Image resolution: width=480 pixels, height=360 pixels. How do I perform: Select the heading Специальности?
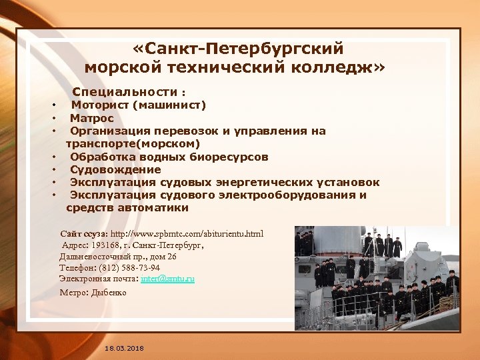125,91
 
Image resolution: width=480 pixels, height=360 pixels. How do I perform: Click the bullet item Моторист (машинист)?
139,105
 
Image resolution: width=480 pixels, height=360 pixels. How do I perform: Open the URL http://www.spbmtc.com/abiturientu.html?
187,234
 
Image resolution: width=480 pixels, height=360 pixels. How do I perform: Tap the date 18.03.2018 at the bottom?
124,349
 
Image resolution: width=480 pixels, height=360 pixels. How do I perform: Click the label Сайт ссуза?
84,234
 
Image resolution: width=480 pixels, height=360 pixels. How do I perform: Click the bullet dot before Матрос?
53,119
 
